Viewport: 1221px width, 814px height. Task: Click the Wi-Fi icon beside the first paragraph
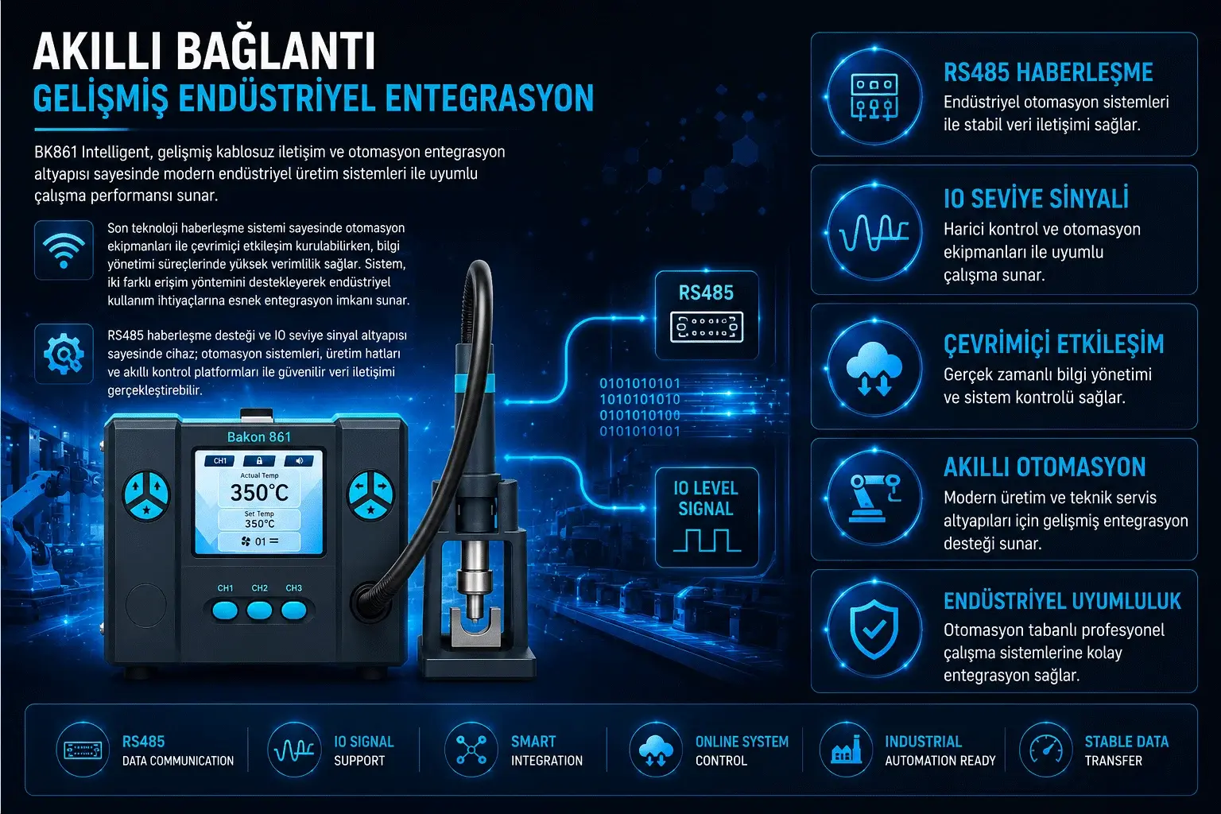(64, 250)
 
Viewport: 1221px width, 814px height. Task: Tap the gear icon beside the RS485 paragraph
(64, 353)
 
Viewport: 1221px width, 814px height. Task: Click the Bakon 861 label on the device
(259, 436)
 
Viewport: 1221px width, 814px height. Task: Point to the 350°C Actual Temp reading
(259, 492)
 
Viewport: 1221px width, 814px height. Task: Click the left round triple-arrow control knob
(146, 495)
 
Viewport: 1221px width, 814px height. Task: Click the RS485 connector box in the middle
(707, 315)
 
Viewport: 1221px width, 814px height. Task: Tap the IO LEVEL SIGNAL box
(707, 517)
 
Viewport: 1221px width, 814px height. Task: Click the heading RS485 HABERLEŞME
(1049, 72)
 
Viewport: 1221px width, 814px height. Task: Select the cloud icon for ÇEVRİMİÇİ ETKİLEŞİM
(874, 367)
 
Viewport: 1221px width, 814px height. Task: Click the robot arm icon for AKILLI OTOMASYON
(874, 498)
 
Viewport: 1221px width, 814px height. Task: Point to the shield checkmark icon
(874, 629)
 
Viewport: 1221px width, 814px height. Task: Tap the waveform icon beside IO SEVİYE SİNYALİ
(874, 232)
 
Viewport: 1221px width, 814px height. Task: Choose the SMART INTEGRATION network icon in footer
(471, 750)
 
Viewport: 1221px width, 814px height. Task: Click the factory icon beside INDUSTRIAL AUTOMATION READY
(847, 750)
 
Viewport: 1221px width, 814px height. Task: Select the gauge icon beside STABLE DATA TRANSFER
(1045, 750)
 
